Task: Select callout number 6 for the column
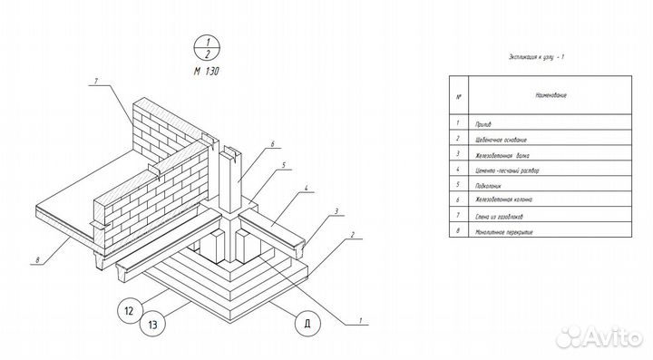(x=271, y=143)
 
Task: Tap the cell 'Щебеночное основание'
(x=500, y=140)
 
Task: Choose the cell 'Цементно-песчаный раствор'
(x=506, y=170)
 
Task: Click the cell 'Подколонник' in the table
(x=488, y=186)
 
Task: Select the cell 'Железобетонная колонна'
(x=503, y=200)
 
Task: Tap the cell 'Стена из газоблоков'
(x=497, y=216)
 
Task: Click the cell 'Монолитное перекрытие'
(x=501, y=231)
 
